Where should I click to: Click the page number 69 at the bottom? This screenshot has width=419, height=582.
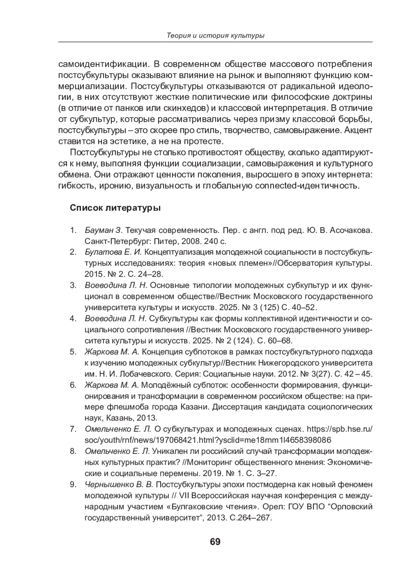point(215,542)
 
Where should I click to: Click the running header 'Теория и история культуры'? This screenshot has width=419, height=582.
point(215,36)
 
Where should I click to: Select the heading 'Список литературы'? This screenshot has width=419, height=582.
point(115,208)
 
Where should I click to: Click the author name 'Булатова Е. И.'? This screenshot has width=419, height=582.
point(113,252)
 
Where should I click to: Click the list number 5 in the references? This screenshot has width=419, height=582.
point(73,352)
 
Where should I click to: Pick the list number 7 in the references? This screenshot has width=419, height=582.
point(73,429)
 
